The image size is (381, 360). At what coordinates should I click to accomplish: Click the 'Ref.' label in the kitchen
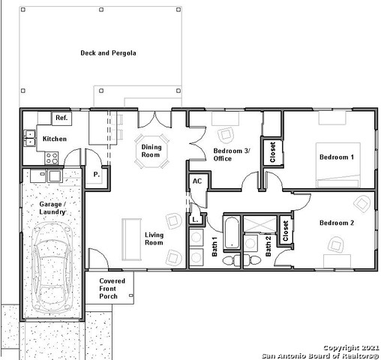(61, 118)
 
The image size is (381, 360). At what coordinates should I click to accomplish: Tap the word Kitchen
(54, 139)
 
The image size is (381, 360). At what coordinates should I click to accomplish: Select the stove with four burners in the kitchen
(52, 157)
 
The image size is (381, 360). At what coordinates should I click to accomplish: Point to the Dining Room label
(151, 151)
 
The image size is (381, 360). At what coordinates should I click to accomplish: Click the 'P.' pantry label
(97, 175)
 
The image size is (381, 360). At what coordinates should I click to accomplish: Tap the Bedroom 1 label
(336, 157)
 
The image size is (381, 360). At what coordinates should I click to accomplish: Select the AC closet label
(197, 181)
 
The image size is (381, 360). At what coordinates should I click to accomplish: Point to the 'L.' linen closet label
(195, 219)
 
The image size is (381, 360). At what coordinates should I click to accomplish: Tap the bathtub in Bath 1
(232, 233)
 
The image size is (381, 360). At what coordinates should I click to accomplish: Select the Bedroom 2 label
(336, 223)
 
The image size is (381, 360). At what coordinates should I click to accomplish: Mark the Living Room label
(154, 238)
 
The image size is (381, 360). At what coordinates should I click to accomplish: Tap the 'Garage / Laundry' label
(52, 208)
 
